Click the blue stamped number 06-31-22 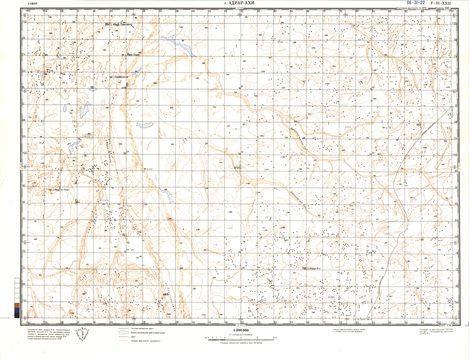click(416, 3)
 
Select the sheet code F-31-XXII click(443, 3)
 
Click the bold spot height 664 click(419, 125)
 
